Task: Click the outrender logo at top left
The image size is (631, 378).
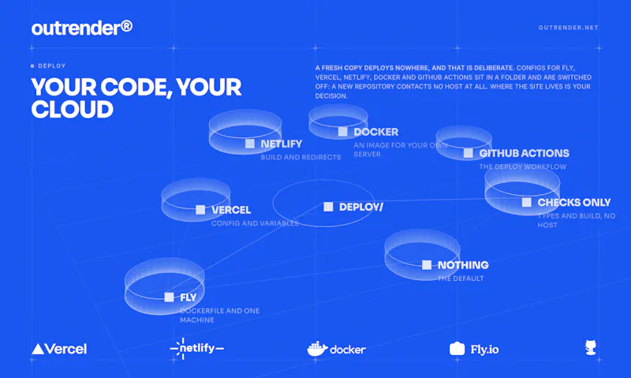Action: (82, 28)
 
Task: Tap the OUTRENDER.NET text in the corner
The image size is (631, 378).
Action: (568, 28)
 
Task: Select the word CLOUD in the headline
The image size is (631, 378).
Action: (73, 110)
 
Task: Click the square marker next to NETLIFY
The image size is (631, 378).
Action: (250, 144)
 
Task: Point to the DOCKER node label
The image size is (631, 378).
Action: (376, 132)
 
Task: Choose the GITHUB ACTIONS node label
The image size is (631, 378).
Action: (524, 153)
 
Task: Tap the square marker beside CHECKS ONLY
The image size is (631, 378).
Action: (526, 203)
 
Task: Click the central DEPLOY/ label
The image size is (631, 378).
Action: (361, 207)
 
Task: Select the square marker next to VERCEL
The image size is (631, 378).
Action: (200, 210)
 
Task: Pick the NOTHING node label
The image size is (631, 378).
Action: (463, 265)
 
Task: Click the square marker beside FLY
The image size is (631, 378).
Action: (169, 297)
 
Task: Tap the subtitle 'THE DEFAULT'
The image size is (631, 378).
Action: (461, 278)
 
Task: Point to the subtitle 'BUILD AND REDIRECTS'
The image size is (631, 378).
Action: (301, 157)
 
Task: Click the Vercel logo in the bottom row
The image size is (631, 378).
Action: (59, 349)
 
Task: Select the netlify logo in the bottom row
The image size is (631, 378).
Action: (196, 348)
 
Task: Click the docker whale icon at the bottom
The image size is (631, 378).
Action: (317, 349)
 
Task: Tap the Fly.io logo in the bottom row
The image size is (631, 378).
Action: (474, 349)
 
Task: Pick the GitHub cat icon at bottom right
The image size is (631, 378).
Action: (590, 348)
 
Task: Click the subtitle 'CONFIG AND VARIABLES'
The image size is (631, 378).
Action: (255, 223)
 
